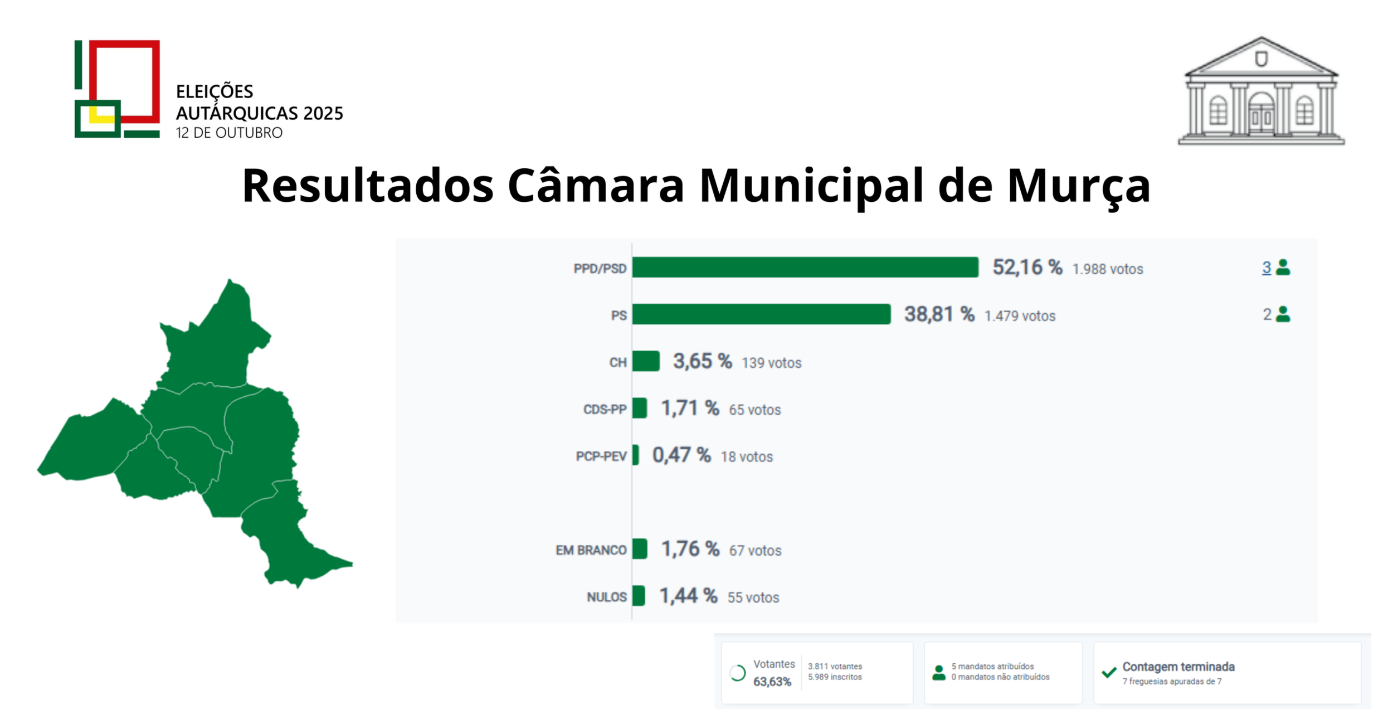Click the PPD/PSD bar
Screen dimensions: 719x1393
tap(805, 267)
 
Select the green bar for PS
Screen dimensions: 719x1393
tap(761, 314)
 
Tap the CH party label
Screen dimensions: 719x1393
tap(617, 363)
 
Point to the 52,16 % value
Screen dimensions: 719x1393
tap(1027, 268)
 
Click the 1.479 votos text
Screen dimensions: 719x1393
tap(1020, 316)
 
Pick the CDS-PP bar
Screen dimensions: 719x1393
tap(640, 408)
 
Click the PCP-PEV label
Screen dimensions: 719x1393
tap(601, 456)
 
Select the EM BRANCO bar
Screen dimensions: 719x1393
tap(640, 549)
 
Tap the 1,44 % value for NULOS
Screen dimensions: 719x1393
tap(688, 596)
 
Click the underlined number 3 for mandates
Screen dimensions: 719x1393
tap(1266, 268)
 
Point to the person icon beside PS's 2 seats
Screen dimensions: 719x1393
tap(1283, 314)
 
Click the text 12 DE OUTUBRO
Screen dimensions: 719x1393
tap(229, 133)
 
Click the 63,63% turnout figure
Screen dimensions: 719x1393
tap(772, 682)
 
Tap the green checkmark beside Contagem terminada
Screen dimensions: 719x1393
tap(1109, 672)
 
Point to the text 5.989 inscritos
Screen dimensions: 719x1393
tap(835, 677)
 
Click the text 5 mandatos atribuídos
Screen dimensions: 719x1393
tap(992, 666)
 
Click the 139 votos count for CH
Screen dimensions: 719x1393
tap(771, 363)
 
